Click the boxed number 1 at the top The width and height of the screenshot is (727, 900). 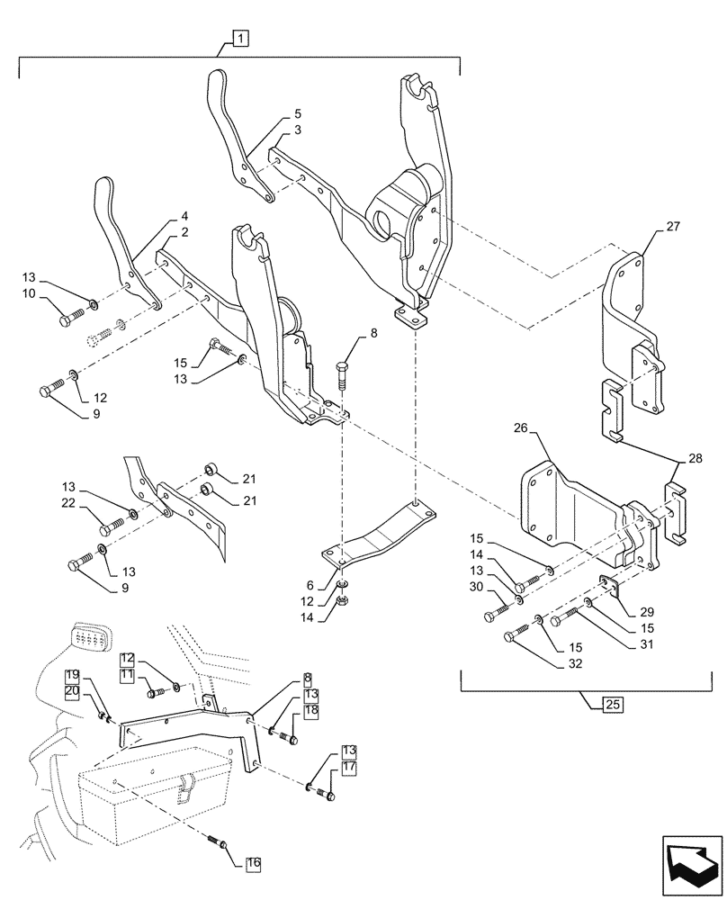click(240, 39)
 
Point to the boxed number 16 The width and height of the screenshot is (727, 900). click(253, 863)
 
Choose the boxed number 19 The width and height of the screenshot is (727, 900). click(72, 675)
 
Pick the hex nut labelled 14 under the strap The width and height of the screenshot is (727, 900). click(342, 604)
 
